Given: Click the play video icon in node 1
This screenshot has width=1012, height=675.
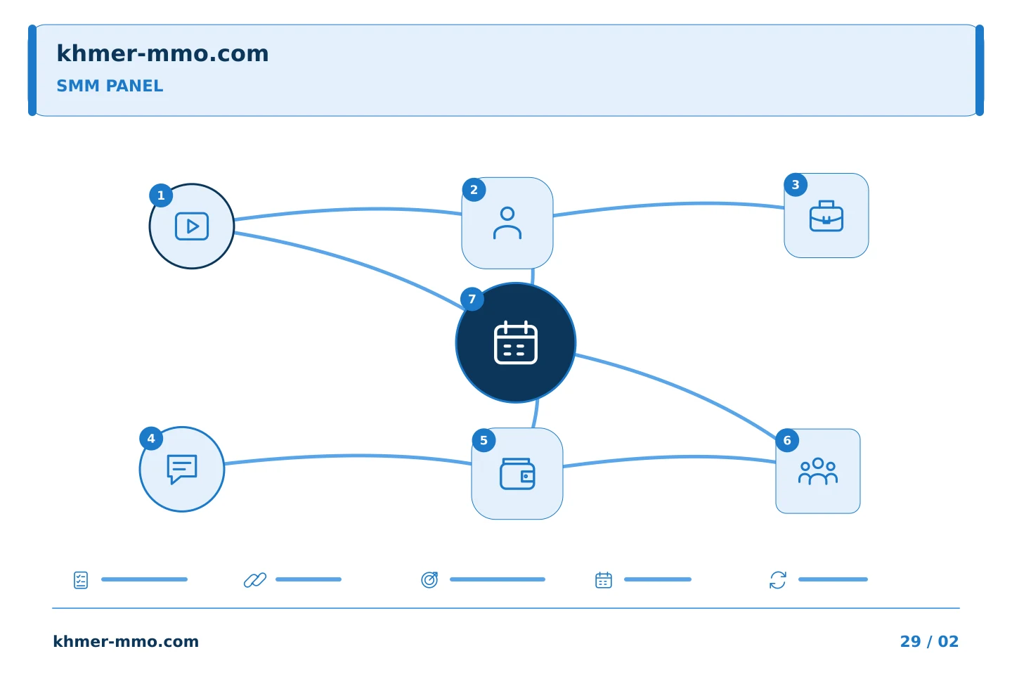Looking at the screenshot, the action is coord(192,226).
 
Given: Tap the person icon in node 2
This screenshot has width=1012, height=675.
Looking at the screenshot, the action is coord(507,223).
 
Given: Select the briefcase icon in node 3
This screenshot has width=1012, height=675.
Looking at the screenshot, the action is coord(826,216).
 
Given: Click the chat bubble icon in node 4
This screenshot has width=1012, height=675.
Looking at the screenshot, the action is coord(181,469).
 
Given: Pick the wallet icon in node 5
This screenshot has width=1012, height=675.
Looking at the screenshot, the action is coord(517,474).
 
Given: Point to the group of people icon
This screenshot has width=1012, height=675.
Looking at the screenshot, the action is coord(818,471).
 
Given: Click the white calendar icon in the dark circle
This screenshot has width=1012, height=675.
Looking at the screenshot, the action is coord(516,342).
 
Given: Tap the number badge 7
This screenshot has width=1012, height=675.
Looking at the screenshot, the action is coord(472,299).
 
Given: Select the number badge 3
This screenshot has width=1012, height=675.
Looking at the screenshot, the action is coord(796,184).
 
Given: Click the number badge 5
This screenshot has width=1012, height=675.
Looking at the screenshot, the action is coord(484,440).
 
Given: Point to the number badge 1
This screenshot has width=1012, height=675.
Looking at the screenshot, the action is coord(161,195).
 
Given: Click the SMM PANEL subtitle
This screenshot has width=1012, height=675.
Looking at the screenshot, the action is coord(110,86).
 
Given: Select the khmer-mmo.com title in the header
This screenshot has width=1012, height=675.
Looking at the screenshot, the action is coord(162,53).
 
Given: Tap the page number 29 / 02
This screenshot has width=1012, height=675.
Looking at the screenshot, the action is coord(929,641).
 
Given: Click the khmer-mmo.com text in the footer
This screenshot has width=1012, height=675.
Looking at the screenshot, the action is coord(126,641).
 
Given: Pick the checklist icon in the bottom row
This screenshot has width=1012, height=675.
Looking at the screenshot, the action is coord(80,580).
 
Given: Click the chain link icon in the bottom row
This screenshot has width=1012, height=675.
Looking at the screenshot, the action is coord(255,580).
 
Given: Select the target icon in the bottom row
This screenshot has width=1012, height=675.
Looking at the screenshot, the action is coord(429,579).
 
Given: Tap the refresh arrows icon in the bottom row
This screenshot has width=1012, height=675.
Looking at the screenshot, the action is coord(777,580).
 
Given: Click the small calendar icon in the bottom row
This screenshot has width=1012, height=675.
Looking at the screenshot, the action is coord(604,580).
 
